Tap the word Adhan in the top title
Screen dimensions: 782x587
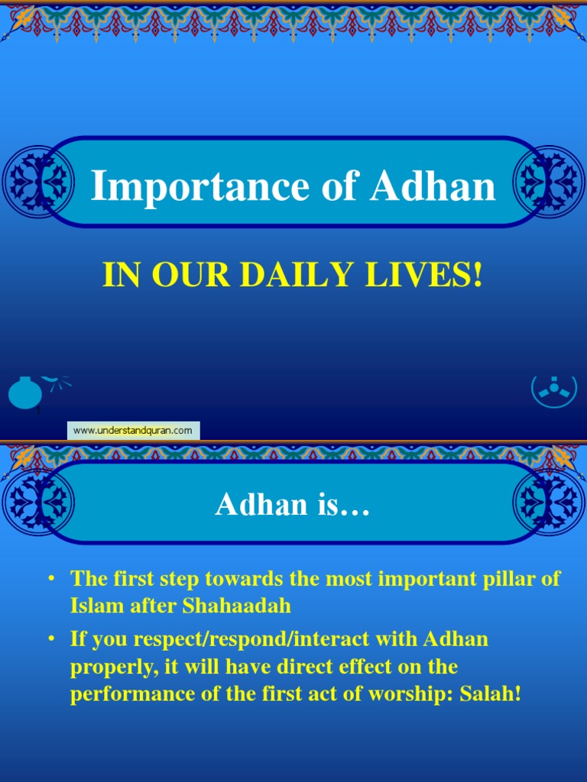pos(432,186)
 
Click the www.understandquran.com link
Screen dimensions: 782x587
pos(133,431)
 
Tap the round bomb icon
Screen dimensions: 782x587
pos(25,393)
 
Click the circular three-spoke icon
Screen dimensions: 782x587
pos(553,389)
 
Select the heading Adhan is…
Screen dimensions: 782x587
pos(293,504)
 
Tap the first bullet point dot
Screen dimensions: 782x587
pos(51,579)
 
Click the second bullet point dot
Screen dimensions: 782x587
pos(51,638)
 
